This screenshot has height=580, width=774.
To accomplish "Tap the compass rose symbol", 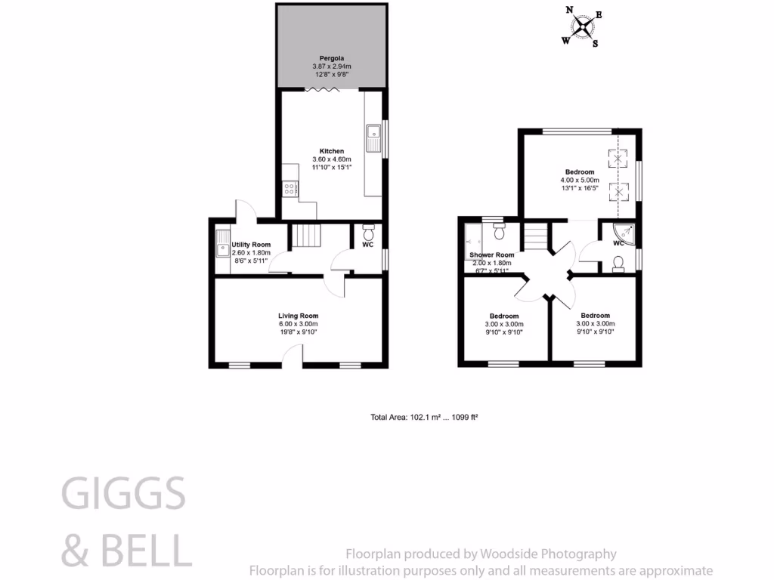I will [583, 27].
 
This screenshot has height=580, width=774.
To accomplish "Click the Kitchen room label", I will [332, 151].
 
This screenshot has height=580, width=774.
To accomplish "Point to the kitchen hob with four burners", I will [289, 189].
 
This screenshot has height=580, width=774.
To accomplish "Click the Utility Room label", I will [251, 245].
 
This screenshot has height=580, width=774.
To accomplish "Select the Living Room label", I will [298, 316].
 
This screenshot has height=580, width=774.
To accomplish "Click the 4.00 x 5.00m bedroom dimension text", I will [580, 180].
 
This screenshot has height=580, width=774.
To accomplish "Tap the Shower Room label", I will [491, 255].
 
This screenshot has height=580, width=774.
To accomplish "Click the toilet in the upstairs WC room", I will [618, 263].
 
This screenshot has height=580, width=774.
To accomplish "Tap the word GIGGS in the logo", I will [123, 495].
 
